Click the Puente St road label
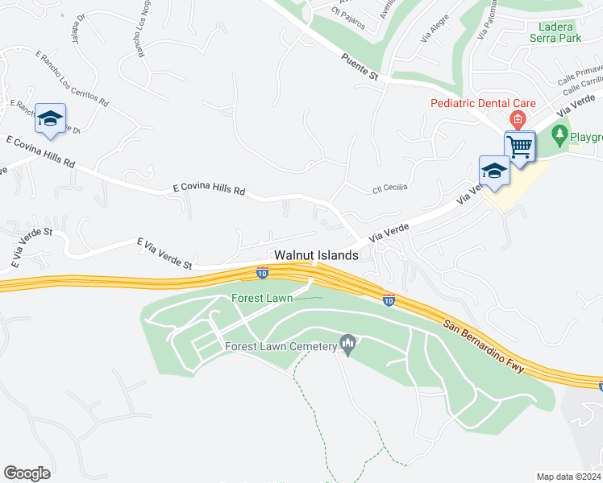[360, 67]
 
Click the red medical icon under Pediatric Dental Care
[518, 121]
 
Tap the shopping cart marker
[520, 147]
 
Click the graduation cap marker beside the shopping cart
[493, 171]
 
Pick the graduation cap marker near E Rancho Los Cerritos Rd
[50, 119]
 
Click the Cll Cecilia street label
[390, 188]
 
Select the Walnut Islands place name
[316, 255]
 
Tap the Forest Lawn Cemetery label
[280, 347]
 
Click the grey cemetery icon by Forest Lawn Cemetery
[348, 345]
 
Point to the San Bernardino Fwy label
[484, 347]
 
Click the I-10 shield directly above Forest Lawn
[263, 273]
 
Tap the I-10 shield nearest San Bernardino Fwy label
[389, 299]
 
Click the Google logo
[27, 473]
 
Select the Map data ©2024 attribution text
[569, 477]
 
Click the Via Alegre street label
[435, 32]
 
